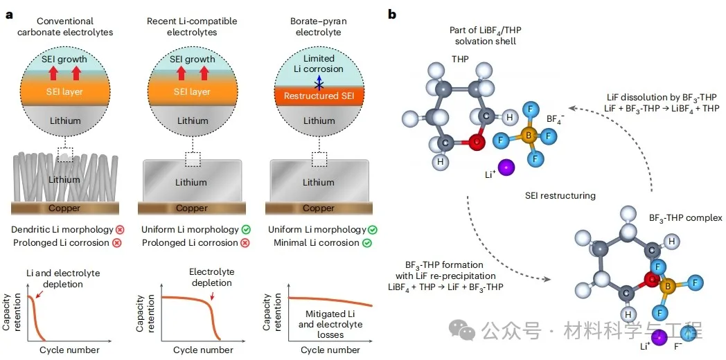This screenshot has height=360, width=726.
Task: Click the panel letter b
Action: pos(392,15)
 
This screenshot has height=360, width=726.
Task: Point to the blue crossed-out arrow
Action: pos(317,83)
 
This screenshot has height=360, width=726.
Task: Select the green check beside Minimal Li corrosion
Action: pos(366,243)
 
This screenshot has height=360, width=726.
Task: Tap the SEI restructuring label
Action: pos(560,196)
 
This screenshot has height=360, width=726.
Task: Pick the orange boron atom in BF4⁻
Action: pos(529,136)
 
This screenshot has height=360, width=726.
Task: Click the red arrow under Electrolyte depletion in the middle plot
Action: pos(212,295)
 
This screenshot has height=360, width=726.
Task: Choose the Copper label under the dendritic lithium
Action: pos(64,208)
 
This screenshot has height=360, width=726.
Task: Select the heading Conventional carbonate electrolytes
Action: pos(65,27)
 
